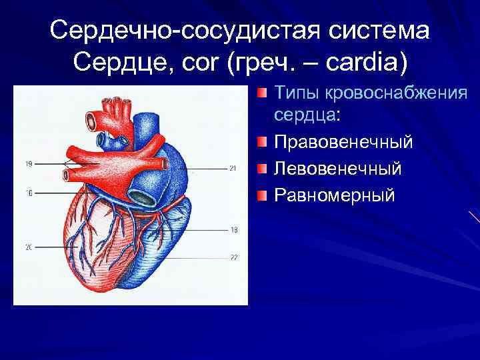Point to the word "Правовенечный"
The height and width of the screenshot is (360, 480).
pos(343,142)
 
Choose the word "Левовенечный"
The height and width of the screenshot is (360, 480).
pos(338,169)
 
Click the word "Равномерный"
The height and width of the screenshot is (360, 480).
pos(335,195)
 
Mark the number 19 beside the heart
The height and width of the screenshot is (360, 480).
pos(29,163)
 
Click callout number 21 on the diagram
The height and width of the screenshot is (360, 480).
pos(232,168)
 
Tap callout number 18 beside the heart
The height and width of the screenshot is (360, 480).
pos(233,230)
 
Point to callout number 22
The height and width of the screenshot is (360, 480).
pos(233,257)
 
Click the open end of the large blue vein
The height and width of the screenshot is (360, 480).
pos(142,196)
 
